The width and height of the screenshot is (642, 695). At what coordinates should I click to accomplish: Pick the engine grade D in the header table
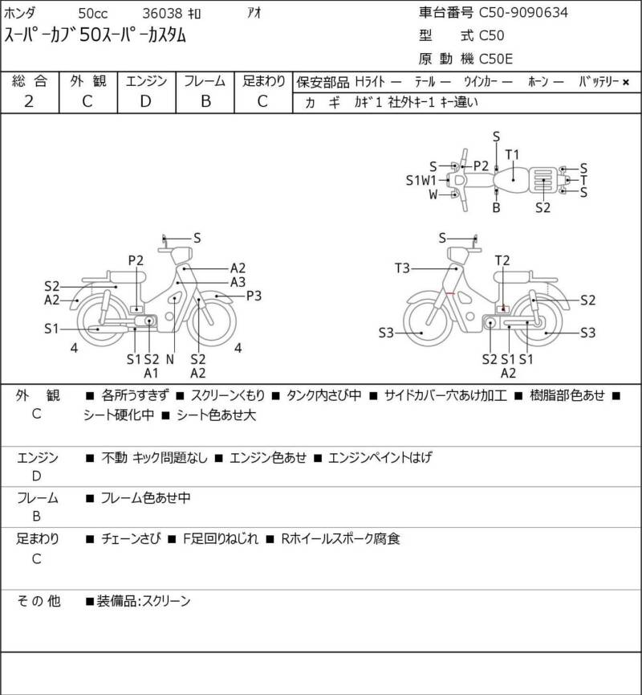point(145,101)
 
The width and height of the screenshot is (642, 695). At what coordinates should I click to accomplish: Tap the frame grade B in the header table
point(205,101)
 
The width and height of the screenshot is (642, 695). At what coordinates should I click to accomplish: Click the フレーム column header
point(205,81)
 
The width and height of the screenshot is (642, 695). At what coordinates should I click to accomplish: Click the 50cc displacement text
point(93,14)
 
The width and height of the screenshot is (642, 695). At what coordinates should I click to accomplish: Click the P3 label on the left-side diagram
point(254,296)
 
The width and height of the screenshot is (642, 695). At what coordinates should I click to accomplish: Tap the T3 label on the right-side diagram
point(401,268)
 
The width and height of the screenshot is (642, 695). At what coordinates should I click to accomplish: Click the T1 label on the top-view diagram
point(513,154)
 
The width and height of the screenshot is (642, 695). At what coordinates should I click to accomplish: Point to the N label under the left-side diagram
point(170,359)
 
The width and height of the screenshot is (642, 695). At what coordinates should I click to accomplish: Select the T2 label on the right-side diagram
point(502,260)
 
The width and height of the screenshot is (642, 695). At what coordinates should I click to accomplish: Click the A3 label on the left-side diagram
point(238,282)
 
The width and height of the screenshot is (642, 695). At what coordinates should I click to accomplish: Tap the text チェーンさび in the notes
point(130,539)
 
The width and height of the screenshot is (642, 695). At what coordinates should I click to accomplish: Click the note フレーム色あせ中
point(145,498)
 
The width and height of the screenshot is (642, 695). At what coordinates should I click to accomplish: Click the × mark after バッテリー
point(626,82)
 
